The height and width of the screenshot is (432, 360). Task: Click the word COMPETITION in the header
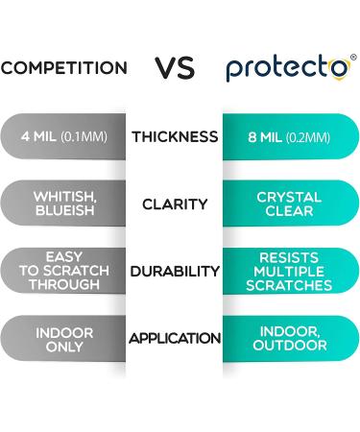[x=63, y=68]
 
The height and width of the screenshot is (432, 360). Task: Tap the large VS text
[x=177, y=67]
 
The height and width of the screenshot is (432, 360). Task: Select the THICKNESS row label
[x=175, y=136]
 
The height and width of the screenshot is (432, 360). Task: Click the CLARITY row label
[x=175, y=204]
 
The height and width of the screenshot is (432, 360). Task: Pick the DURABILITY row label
[x=175, y=272]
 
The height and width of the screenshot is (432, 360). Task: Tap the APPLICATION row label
[x=175, y=338]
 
